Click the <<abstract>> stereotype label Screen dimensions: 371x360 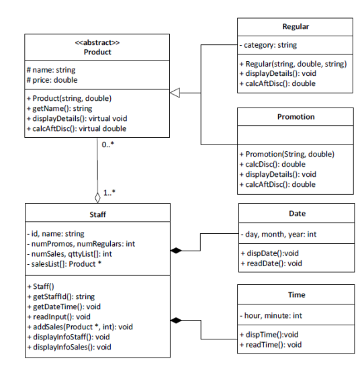click(x=97, y=42)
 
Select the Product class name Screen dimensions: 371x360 click(x=97, y=52)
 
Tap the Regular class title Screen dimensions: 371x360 click(x=296, y=27)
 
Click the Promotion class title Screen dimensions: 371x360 click(x=296, y=116)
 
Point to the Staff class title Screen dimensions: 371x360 click(x=97, y=213)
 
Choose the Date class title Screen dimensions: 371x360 click(x=296, y=213)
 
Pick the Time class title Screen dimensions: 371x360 click(x=296, y=295)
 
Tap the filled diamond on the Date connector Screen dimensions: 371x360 click(x=177, y=251)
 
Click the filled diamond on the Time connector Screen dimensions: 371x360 click(x=177, y=320)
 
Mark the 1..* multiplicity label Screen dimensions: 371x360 click(x=109, y=193)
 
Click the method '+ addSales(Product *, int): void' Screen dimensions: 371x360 click(x=79, y=327)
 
